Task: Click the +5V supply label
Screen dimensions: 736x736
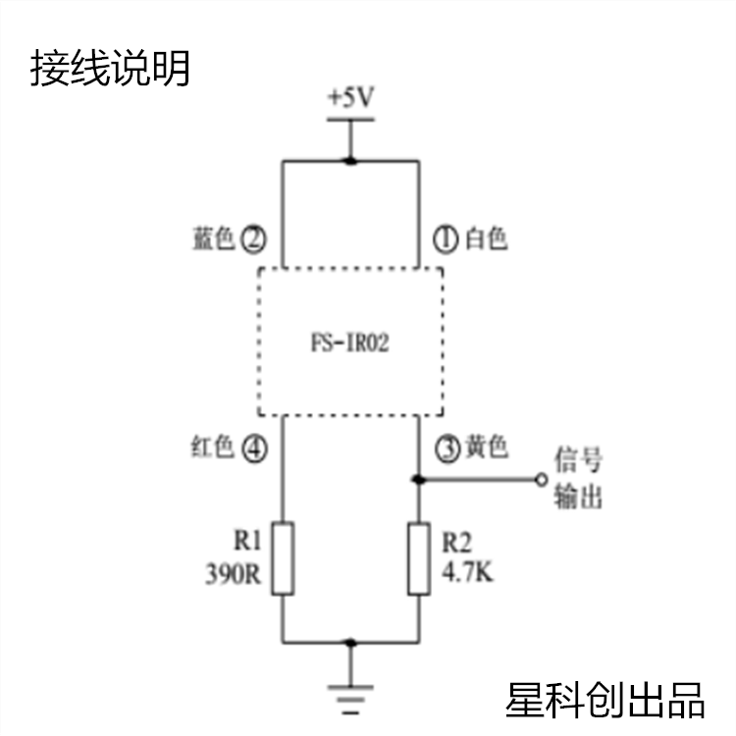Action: (x=350, y=97)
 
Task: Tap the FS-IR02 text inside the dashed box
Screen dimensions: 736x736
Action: (x=350, y=342)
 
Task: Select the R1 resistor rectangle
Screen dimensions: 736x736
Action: (x=283, y=558)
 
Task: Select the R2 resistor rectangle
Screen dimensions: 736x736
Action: (x=419, y=558)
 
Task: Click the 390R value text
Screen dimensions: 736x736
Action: (x=233, y=574)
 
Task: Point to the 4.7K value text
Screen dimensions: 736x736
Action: (x=467, y=572)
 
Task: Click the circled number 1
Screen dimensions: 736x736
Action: (x=446, y=239)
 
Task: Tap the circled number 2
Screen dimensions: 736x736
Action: (x=253, y=239)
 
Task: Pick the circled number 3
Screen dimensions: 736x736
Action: (x=447, y=449)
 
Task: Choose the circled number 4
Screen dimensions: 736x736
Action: (x=254, y=449)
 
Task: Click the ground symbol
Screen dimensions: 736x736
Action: (x=350, y=700)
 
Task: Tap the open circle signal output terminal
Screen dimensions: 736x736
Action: (x=542, y=480)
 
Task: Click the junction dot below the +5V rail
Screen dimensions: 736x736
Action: (x=350, y=161)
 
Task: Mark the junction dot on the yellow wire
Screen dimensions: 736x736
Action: (x=418, y=480)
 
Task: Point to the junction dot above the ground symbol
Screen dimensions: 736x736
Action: (x=350, y=642)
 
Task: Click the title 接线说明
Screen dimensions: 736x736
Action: (x=110, y=68)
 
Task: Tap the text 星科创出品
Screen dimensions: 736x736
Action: (x=605, y=700)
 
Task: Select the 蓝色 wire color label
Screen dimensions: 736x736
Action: (x=214, y=238)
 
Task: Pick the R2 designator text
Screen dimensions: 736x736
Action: (x=456, y=542)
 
